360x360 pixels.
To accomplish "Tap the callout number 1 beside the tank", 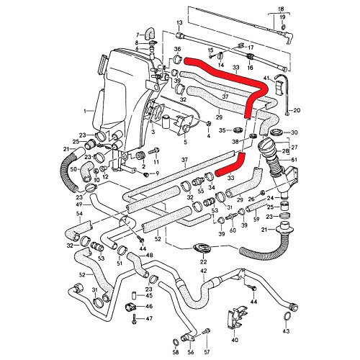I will [85, 111].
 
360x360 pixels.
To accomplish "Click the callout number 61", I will [294, 161].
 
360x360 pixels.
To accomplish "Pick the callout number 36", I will [177, 50].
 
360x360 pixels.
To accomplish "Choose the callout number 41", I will [266, 77].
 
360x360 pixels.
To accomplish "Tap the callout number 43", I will [287, 331].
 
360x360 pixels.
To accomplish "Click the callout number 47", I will [149, 318].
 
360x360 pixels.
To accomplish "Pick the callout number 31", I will [94, 289].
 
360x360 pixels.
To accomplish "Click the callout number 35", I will [222, 130].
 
